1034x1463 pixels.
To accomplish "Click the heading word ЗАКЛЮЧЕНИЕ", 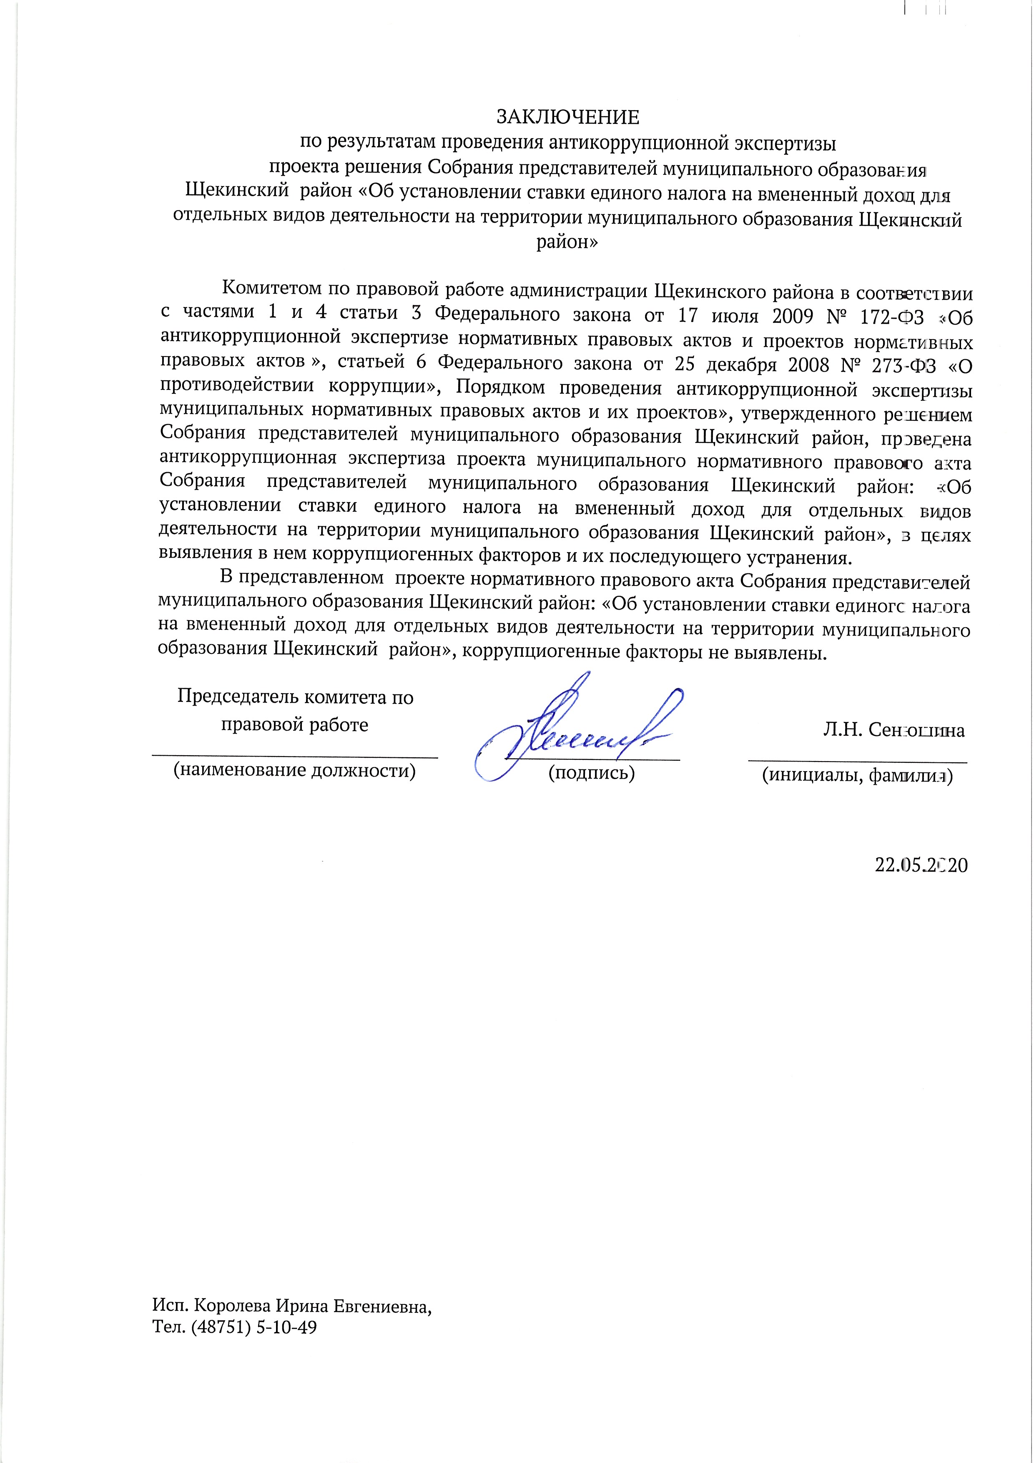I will pyautogui.click(x=567, y=117).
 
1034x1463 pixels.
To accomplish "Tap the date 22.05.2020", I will pyautogui.click(x=921, y=865).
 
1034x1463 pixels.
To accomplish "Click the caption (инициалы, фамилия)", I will pyautogui.click(x=857, y=775).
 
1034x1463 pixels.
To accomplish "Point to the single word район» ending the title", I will pyautogui.click(x=567, y=242).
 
